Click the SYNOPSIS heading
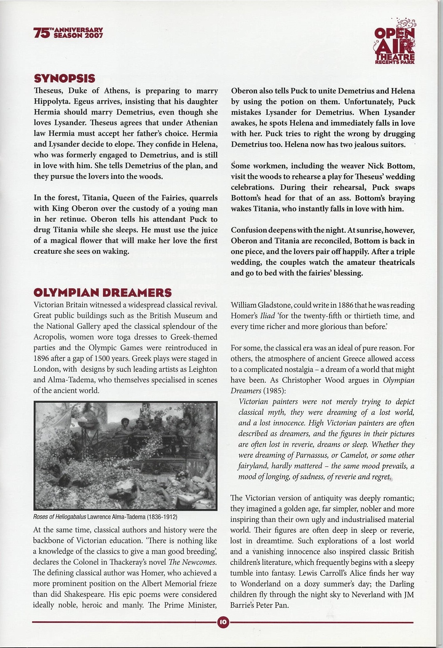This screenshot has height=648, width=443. pos(65,79)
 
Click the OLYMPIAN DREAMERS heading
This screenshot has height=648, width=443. pos(102,293)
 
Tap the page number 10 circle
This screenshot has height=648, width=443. pos(223,622)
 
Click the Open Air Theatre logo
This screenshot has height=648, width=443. pos(394,42)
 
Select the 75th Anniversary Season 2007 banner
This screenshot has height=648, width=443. pos(68,33)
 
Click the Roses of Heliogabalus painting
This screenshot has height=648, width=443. pos(125,456)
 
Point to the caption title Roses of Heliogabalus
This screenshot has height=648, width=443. pos(60,517)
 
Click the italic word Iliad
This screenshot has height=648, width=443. pos(268,316)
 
